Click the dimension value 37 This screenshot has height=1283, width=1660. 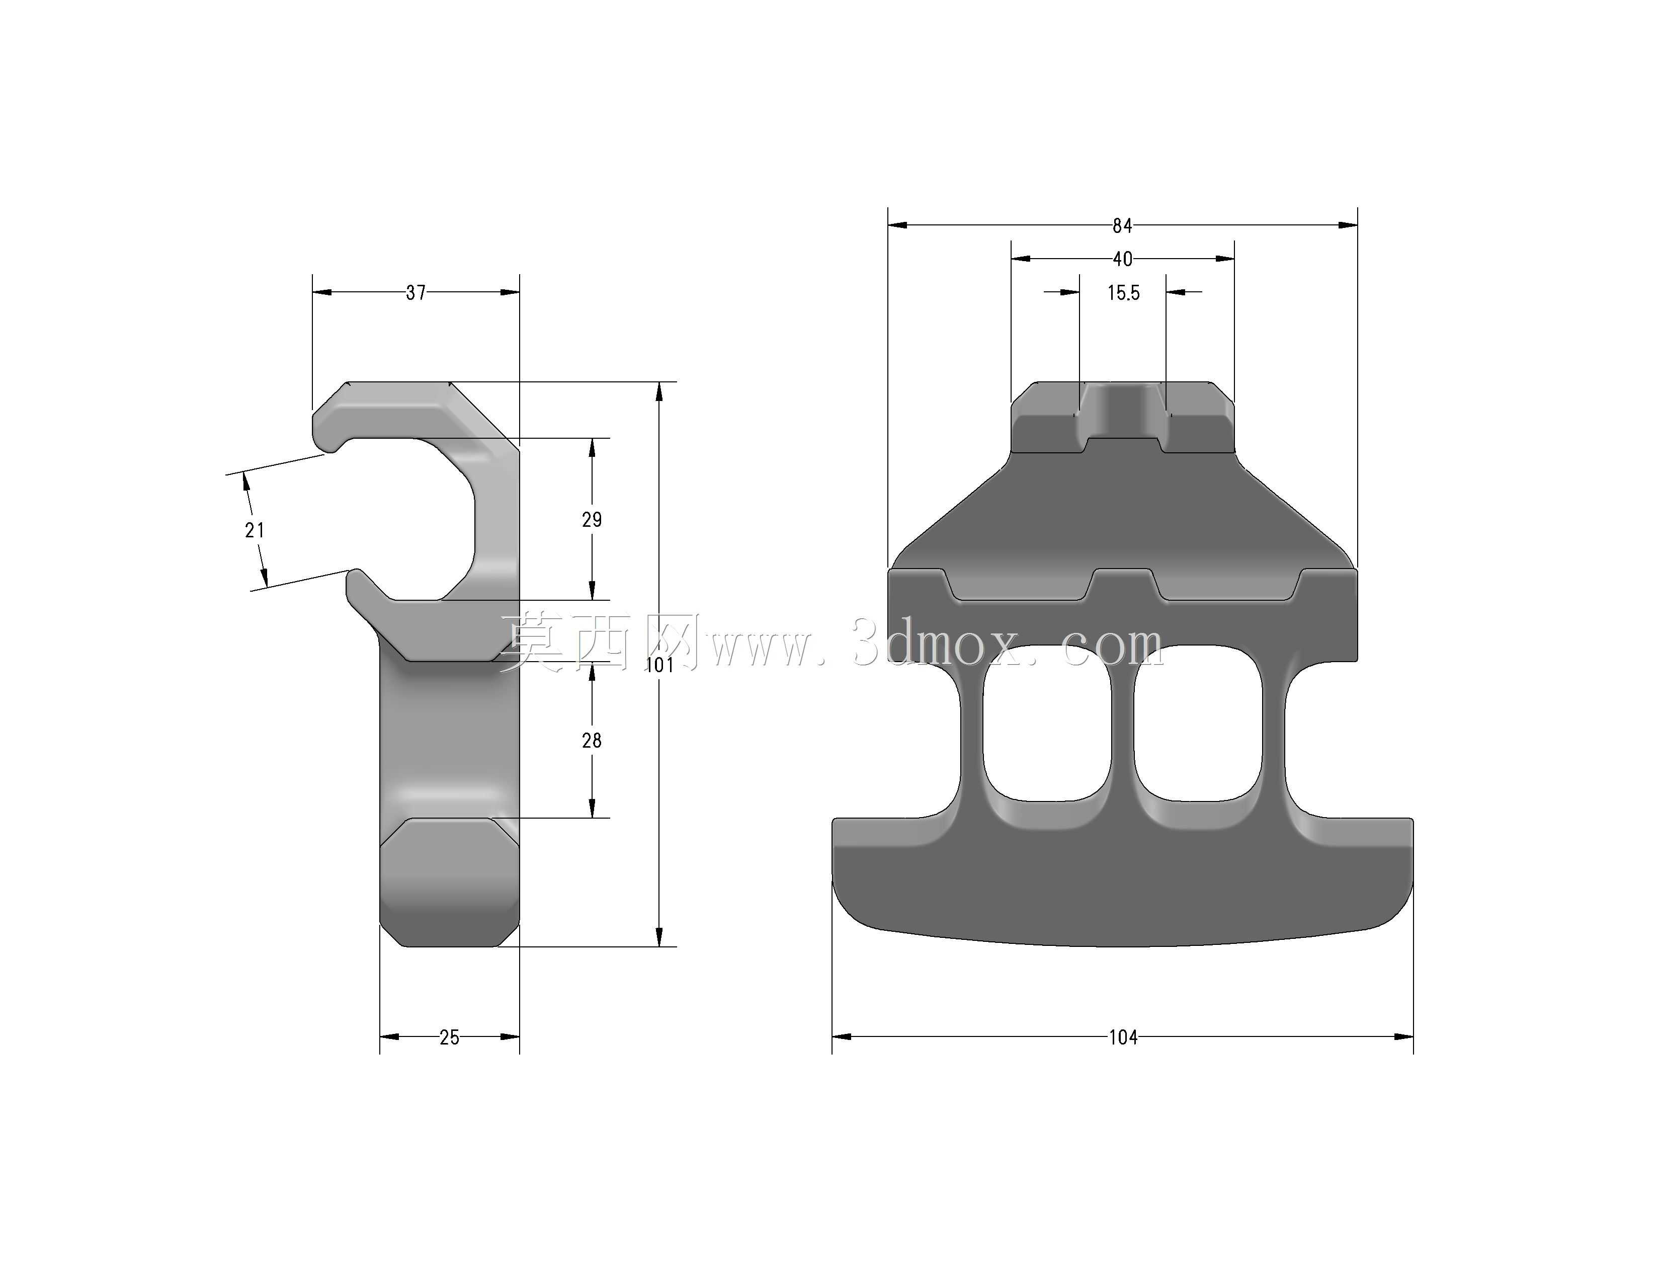[416, 293]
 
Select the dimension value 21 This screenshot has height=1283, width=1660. [255, 530]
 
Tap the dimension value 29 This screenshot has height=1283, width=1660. [592, 519]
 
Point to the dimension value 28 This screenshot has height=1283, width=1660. [592, 740]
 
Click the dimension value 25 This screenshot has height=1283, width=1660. [449, 1037]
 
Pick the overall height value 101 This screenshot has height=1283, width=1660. [660, 665]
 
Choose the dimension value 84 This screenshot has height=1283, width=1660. [1123, 226]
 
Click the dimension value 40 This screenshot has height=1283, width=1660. [1123, 259]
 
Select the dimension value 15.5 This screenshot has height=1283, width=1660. [1123, 293]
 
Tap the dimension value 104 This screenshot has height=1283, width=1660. [1123, 1037]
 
